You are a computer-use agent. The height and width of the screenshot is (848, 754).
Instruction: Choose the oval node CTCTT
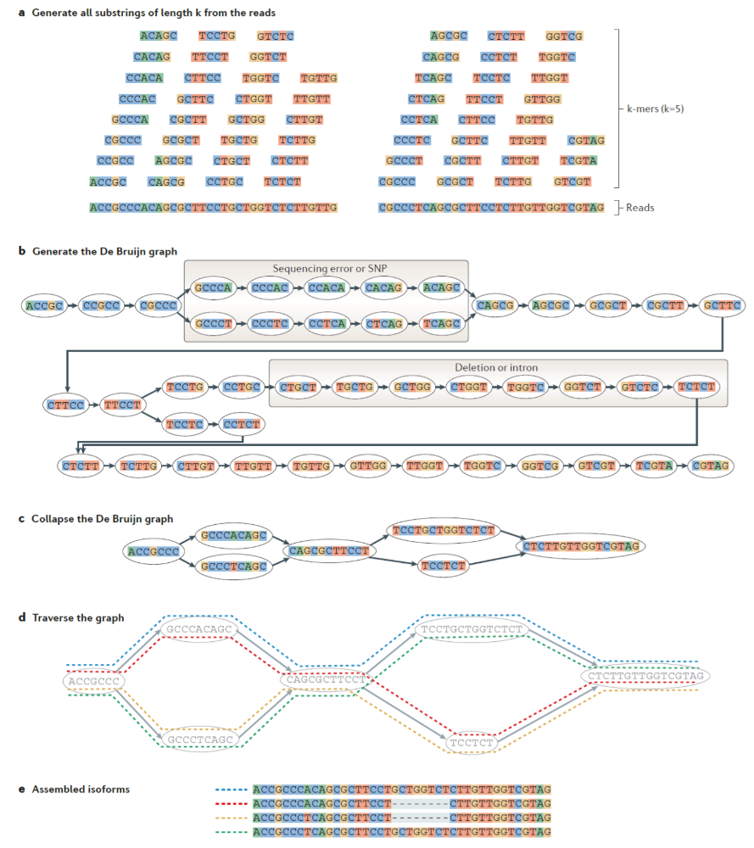coord(79,466)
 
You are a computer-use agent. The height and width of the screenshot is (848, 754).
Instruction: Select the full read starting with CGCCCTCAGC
coord(492,208)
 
